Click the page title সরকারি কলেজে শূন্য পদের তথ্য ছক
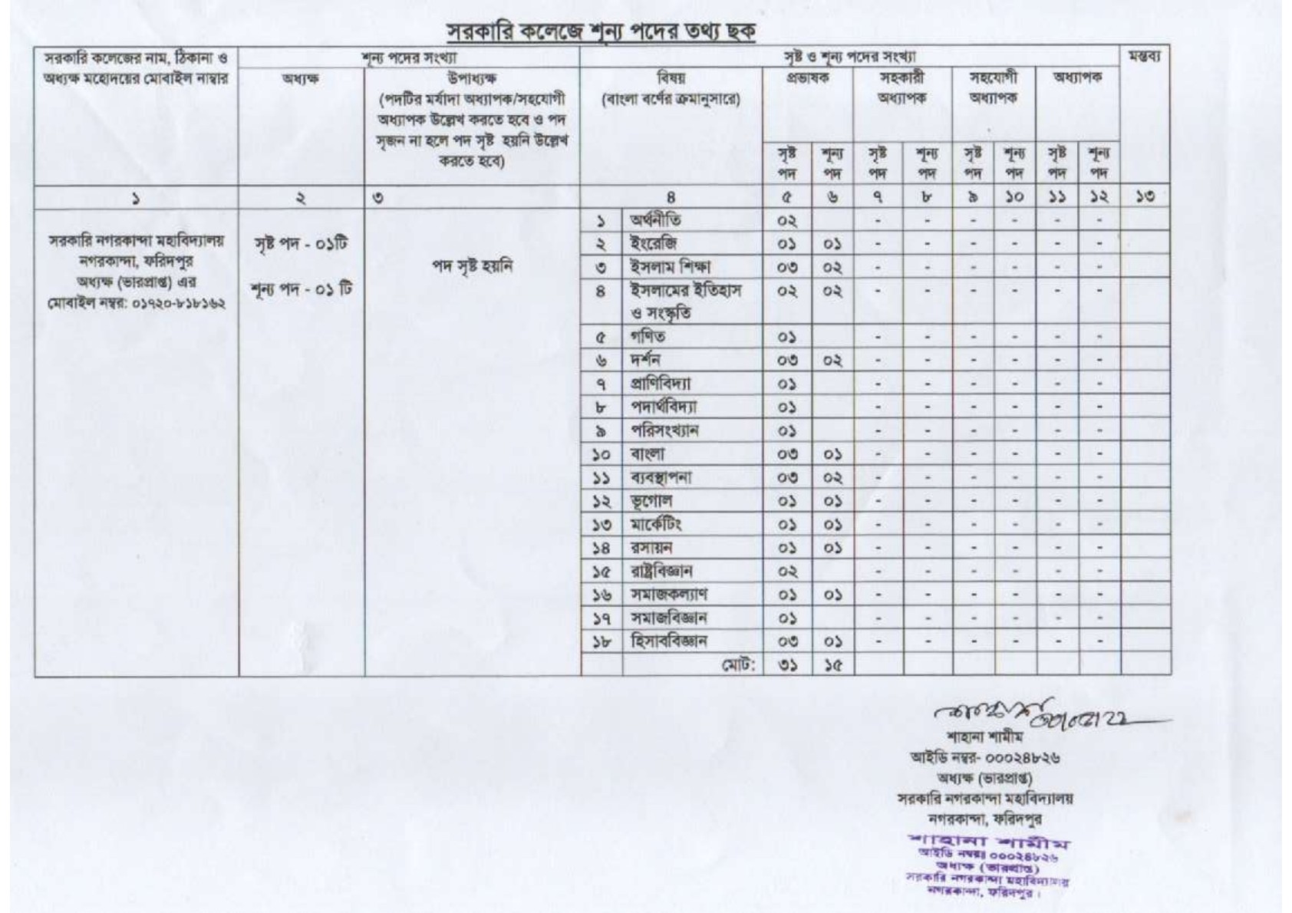(x=602, y=31)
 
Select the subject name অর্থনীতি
(x=654, y=221)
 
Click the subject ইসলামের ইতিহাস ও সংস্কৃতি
(x=685, y=302)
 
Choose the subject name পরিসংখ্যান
(x=664, y=430)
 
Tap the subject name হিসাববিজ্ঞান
(x=667, y=641)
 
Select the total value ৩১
(x=787, y=665)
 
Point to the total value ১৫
(x=832, y=665)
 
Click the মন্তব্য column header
(x=1144, y=58)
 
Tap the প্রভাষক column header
(x=807, y=77)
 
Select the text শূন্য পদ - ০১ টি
(x=301, y=290)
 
